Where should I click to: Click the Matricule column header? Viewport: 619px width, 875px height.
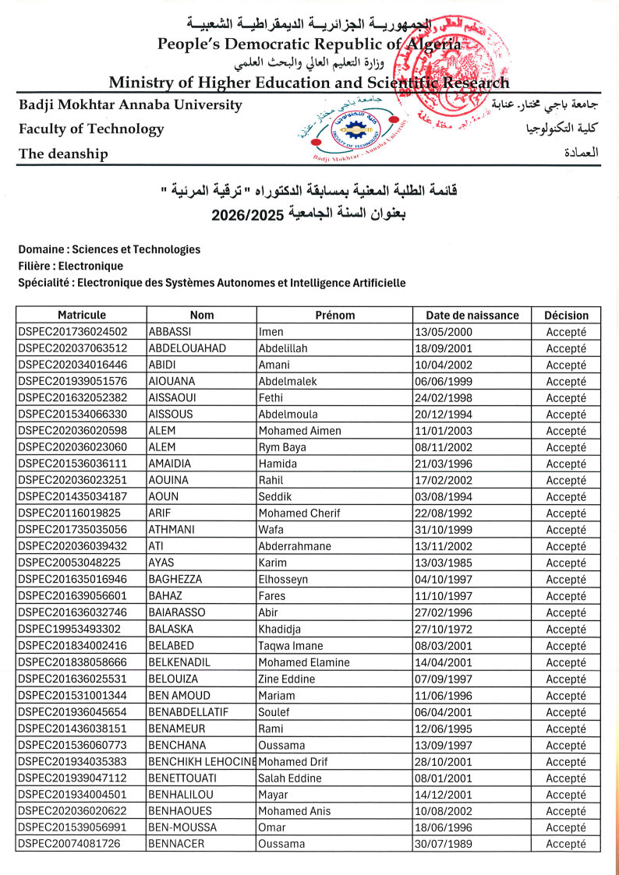coord(81,315)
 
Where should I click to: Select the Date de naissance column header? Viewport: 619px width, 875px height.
coord(472,315)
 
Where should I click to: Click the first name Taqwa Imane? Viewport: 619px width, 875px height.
coord(290,645)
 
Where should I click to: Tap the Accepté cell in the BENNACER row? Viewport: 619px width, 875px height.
coord(566,844)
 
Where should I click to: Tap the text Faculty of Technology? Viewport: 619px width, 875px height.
coord(91,129)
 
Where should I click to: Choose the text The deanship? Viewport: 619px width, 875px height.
coord(63,153)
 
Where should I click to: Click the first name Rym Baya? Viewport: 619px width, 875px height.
coord(281,447)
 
